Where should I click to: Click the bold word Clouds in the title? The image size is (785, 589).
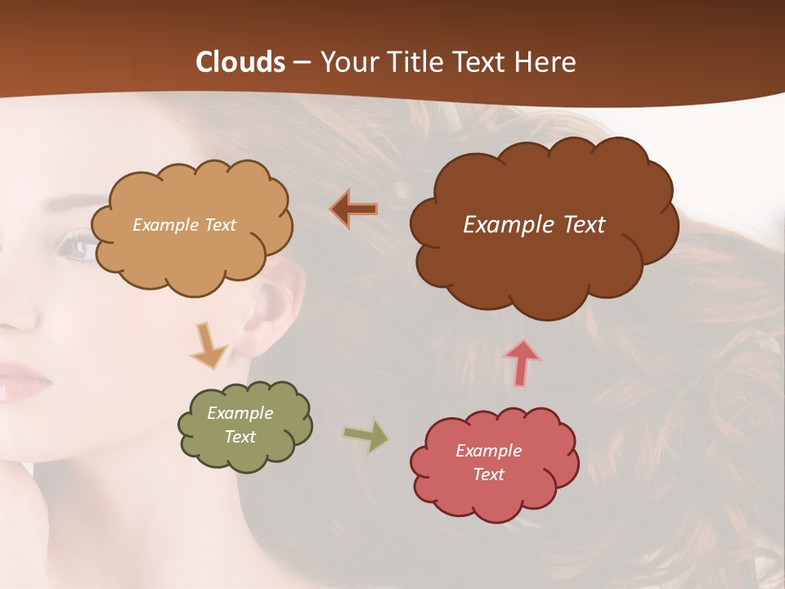click(x=240, y=62)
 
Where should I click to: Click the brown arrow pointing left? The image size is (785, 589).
click(x=354, y=209)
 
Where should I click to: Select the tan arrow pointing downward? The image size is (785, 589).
click(x=209, y=344)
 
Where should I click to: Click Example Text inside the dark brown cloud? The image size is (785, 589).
click(x=534, y=225)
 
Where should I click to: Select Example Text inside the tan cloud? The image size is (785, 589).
click(x=184, y=225)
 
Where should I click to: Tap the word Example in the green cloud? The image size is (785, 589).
click(x=240, y=413)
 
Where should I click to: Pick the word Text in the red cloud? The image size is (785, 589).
click(x=488, y=474)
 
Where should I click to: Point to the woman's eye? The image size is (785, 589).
click(x=78, y=245)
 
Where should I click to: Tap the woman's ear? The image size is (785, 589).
click(x=274, y=311)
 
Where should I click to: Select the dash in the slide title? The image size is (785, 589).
click(x=302, y=63)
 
